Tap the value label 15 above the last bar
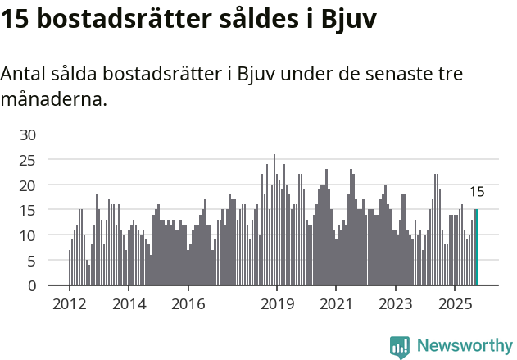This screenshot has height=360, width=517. (x=477, y=193)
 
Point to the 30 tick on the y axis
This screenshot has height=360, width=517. (x=28, y=134)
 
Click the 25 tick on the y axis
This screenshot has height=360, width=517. (x=28, y=160)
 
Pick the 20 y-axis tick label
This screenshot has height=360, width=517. (x=28, y=185)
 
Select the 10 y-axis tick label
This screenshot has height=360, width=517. (x=28, y=235)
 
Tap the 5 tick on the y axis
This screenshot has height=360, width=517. (x=32, y=261)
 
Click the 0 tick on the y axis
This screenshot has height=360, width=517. (x=32, y=286)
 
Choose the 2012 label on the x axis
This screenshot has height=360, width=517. (x=69, y=303)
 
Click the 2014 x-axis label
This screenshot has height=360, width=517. (x=128, y=303)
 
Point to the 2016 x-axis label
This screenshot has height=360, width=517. (x=188, y=303)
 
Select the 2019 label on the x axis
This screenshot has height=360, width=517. (x=277, y=303)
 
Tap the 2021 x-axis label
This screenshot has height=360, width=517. (x=336, y=303)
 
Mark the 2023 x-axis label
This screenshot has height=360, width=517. (x=396, y=303)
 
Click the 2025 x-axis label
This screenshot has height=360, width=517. (x=455, y=303)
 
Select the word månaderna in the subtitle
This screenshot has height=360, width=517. (x=53, y=100)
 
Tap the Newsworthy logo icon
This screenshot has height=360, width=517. (x=400, y=346)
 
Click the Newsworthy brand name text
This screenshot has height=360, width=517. (x=464, y=346)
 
